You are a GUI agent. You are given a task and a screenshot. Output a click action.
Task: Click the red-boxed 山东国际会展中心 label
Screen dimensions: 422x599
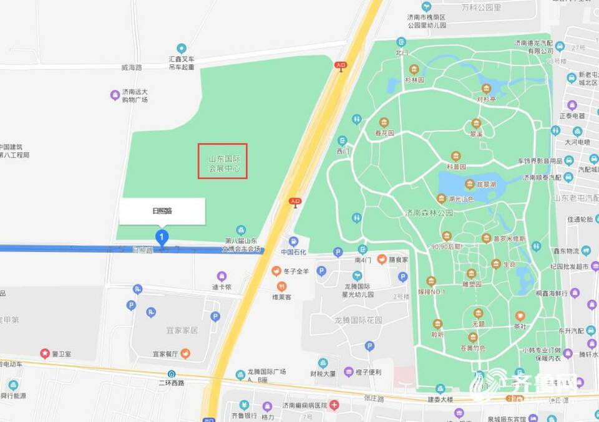tap(223, 161)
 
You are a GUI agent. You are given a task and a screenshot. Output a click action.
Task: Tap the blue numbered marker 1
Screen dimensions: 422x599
tap(162, 237)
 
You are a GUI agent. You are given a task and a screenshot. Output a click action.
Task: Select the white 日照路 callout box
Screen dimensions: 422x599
tap(162, 211)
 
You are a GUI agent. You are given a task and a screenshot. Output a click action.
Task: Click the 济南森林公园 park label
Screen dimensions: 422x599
tap(428, 213)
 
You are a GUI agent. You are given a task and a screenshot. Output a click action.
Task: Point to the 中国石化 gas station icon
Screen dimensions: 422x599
tap(293, 241)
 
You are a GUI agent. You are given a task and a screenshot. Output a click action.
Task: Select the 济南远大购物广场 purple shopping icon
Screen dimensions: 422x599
tap(115, 95)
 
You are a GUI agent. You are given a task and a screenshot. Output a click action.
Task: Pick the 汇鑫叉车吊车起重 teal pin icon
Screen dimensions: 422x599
tap(182, 48)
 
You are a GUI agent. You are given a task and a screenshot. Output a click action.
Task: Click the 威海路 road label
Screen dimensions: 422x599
tap(132, 67)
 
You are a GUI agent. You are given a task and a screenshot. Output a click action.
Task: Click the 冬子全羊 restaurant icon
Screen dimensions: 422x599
tap(276, 271)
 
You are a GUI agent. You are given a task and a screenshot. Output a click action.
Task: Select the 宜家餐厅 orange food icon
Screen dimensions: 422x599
tap(185, 353)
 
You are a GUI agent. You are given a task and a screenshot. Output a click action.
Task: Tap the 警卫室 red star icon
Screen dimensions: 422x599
tap(44, 353)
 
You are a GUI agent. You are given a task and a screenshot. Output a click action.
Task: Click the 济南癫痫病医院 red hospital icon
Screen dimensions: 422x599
tap(335, 405)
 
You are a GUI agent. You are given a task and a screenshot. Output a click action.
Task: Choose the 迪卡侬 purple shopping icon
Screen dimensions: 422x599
tap(222, 276)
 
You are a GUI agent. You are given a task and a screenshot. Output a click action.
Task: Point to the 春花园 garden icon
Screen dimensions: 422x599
tap(384, 122)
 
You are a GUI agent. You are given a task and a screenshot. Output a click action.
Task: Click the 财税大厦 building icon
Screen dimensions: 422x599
tap(323, 363)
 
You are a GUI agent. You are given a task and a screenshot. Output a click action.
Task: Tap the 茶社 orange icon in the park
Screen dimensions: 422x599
tap(520, 316)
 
